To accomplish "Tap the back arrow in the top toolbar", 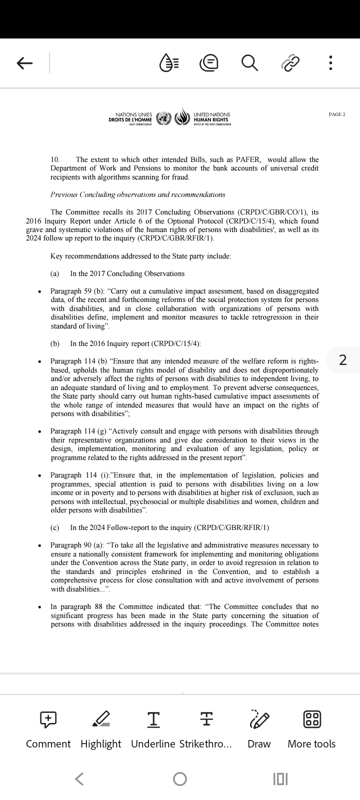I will (24, 63).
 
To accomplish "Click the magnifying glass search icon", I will (249, 63).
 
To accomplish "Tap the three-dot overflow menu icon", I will (330, 63).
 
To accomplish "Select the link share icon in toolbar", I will (290, 63).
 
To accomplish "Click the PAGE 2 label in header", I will (337, 114).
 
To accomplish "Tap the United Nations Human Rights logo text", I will (212, 117).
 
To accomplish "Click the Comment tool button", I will (48, 719).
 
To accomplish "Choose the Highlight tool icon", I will (101, 719).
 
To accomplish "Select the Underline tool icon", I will (153, 719).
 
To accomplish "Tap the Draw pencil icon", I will (259, 719).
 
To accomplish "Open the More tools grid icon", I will (312, 719).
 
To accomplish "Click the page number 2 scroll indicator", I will (342, 360).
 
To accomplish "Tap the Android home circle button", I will (180, 778).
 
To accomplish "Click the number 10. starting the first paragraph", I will (55, 159).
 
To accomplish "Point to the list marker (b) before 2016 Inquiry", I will (55, 343).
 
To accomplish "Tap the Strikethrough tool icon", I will (206, 719).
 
